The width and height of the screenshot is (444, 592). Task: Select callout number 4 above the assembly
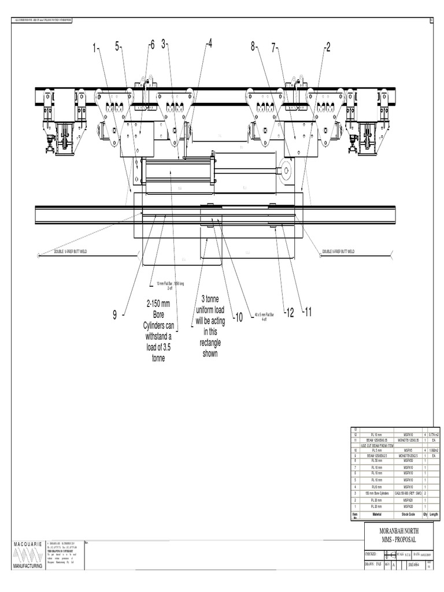tap(209, 44)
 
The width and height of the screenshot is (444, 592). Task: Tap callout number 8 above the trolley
tap(253, 47)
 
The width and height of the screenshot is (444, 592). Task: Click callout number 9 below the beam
tap(115, 314)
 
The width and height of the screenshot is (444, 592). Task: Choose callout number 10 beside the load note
tap(237, 317)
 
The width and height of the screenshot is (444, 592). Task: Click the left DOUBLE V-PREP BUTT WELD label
tap(72, 251)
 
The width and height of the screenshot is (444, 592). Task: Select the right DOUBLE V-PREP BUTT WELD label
tap(338, 251)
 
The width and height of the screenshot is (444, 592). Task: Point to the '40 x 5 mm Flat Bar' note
tap(262, 316)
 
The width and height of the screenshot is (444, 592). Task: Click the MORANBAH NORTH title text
tap(390, 530)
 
